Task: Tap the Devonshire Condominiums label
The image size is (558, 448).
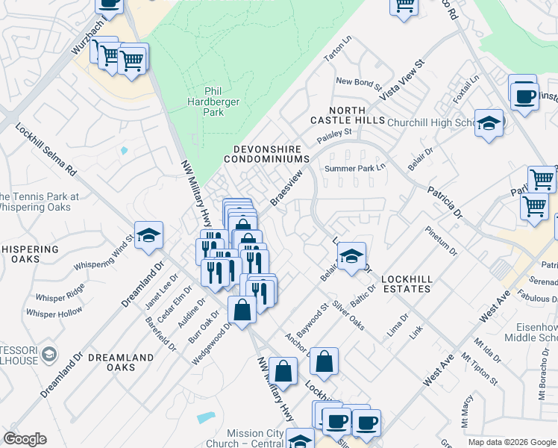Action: (x=271, y=154)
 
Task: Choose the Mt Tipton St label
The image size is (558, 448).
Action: (x=484, y=369)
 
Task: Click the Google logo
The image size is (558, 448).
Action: (x=25, y=439)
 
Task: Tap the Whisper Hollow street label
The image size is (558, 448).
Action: (x=54, y=312)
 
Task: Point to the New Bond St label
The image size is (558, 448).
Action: (x=358, y=82)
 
